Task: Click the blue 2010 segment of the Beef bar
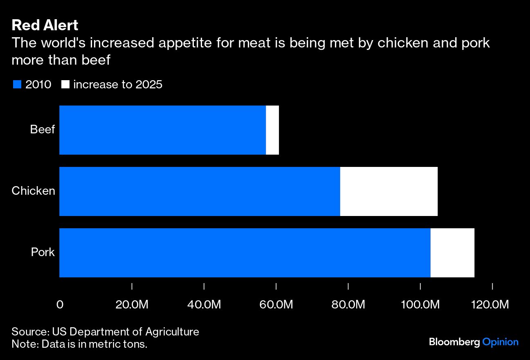162,130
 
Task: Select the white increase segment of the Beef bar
272,130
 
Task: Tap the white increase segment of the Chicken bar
389,191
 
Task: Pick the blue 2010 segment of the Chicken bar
200,191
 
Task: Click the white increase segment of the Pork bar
452,253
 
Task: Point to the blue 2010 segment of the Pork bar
245,253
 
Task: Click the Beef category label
42,130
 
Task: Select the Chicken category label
33,191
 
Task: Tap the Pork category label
43,252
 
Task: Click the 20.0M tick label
132,305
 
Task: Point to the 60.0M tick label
276,305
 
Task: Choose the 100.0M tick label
420,305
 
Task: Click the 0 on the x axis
60,305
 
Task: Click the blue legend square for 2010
17,85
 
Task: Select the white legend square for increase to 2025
65,85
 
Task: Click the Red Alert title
45,25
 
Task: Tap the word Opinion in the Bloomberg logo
500,342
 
